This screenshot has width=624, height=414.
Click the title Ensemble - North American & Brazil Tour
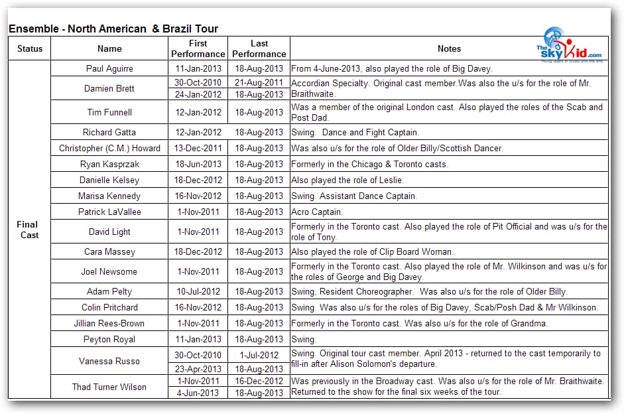(113, 29)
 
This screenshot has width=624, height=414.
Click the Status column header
(30, 48)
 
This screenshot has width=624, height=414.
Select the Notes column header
(449, 48)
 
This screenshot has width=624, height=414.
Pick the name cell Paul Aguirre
(109, 68)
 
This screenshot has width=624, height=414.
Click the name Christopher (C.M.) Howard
(109, 148)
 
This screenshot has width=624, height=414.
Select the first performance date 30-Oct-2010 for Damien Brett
(198, 83)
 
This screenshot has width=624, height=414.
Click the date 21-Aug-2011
(259, 83)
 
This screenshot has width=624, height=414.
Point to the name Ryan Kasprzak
(109, 164)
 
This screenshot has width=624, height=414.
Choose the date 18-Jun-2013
(198, 164)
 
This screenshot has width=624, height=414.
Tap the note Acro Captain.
(317, 212)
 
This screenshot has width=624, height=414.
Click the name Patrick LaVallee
(109, 212)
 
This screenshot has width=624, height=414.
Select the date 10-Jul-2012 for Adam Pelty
(198, 291)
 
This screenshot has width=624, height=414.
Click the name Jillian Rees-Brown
(109, 323)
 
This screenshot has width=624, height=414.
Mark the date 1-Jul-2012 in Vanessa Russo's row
(259, 355)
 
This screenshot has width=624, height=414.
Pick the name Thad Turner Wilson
(109, 387)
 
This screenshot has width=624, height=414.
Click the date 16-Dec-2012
(259, 381)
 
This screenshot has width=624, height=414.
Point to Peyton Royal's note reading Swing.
(304, 339)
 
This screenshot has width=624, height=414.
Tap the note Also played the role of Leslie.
(347, 180)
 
